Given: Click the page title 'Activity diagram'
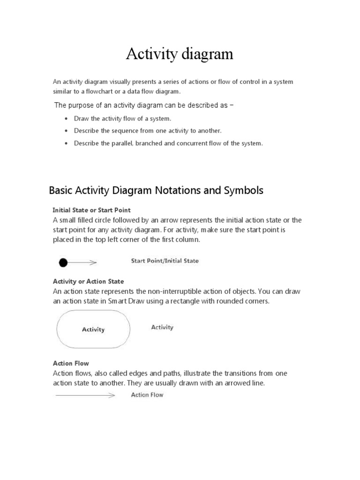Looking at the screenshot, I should (180, 54).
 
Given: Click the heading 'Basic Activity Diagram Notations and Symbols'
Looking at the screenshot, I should (156, 190).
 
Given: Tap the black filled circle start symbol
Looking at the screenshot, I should (63, 263).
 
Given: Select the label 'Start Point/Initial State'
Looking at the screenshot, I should (165, 261).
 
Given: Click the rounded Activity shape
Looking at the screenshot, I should (93, 330).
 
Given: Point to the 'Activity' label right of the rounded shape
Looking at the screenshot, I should (162, 327).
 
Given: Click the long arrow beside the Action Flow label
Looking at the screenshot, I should (85, 396).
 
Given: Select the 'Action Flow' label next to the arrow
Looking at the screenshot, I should (147, 395).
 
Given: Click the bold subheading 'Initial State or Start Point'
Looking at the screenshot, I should (91, 210).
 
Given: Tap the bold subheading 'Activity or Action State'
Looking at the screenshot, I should (88, 281).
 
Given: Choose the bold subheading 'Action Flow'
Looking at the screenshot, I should (71, 363).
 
